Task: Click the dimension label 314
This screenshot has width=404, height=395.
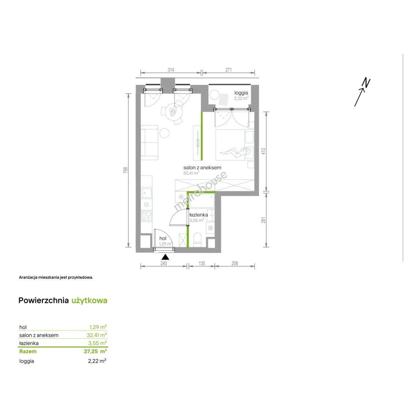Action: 171,70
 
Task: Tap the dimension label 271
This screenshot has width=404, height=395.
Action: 229,70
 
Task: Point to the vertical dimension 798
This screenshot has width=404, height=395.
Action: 126,170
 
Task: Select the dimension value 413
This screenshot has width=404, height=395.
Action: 263,151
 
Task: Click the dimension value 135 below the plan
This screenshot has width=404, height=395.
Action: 202,263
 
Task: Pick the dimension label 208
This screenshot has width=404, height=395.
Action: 235,263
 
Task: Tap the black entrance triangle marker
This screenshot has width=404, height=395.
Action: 165,257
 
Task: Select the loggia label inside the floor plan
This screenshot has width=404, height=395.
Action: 241,93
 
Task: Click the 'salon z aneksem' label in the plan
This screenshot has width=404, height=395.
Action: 202,168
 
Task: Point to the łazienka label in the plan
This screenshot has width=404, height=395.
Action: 198,215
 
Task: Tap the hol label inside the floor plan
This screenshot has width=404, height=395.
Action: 163,238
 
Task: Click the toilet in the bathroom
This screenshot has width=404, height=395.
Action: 198,240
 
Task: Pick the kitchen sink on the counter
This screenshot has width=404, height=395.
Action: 146,193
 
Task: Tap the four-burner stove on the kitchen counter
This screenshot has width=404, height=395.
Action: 146,216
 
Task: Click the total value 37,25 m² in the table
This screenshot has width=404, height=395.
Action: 95,351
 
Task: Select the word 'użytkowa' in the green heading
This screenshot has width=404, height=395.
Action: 89,301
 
